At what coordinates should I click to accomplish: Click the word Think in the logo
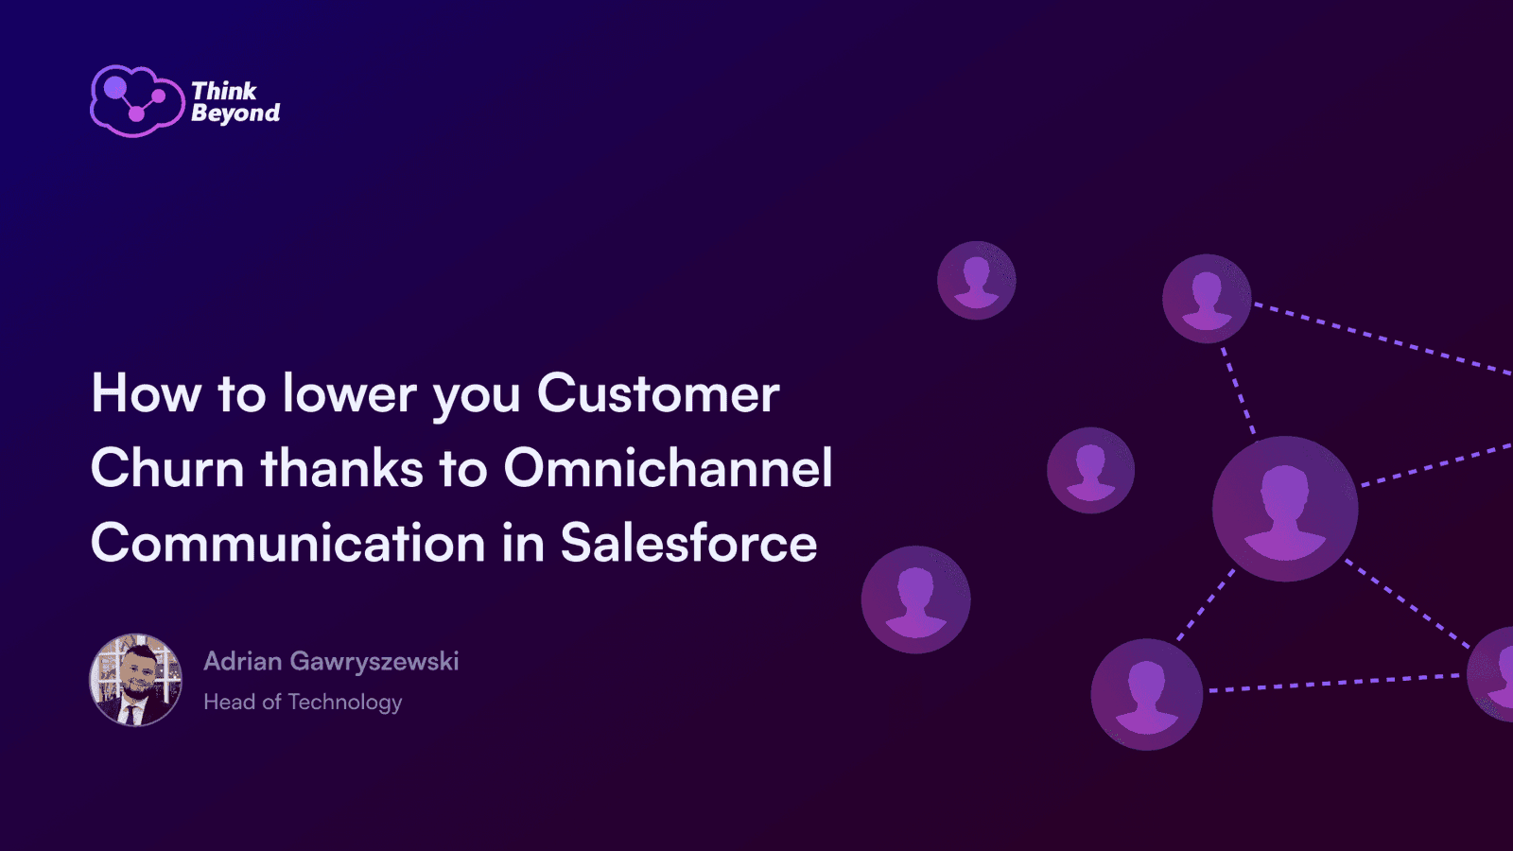pyautogui.click(x=224, y=91)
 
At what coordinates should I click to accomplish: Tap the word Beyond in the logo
pyautogui.click(x=235, y=113)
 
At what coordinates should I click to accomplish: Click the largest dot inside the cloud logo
pyautogui.click(x=114, y=87)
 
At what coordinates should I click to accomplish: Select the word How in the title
pyautogui.click(x=146, y=392)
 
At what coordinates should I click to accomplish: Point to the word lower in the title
pyautogui.click(x=349, y=392)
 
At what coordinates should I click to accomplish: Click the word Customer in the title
pyautogui.click(x=658, y=392)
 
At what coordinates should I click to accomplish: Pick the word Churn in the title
pyautogui.click(x=166, y=467)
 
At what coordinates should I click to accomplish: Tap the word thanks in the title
pyautogui.click(x=341, y=467)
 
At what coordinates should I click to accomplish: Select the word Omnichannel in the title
pyautogui.click(x=668, y=467)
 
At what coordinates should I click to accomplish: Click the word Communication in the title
pyautogui.click(x=287, y=542)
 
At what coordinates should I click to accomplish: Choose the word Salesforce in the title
pyautogui.click(x=689, y=542)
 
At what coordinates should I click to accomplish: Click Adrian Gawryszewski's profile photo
pyautogui.click(x=136, y=680)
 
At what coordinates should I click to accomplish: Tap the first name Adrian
pyautogui.click(x=242, y=661)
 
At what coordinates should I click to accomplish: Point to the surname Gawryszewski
pyautogui.click(x=374, y=662)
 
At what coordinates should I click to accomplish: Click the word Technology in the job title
pyautogui.click(x=344, y=703)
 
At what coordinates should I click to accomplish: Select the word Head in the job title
pyautogui.click(x=229, y=702)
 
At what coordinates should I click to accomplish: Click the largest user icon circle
pyautogui.click(x=1285, y=509)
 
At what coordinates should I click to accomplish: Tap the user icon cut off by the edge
pyautogui.click(x=1490, y=673)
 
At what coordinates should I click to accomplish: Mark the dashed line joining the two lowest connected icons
pyautogui.click(x=1334, y=683)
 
